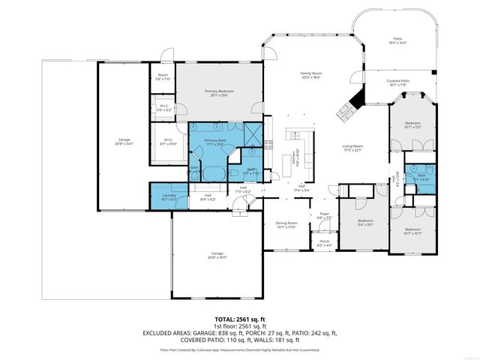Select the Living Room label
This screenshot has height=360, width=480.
click(352, 148)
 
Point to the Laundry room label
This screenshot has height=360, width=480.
click(169, 197)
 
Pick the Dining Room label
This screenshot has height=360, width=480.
click(286, 224)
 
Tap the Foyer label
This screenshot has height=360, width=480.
click(325, 216)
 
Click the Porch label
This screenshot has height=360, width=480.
click(324, 243)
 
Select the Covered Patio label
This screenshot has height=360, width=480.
click(397, 83)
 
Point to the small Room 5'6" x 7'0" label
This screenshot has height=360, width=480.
click(163, 77)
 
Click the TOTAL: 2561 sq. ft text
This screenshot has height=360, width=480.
click(240, 319)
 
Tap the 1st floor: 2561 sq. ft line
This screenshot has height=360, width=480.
click(240, 326)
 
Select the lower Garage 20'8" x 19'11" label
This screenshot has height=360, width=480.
click(217, 255)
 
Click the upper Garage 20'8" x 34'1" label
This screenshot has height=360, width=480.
click(124, 142)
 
